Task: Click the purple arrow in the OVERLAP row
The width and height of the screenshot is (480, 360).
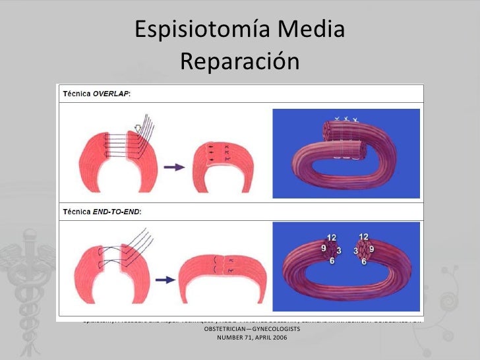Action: pos(172,167)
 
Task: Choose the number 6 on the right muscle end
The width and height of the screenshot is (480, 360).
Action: pos(364,262)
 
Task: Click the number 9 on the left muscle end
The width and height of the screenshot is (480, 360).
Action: pos(324,249)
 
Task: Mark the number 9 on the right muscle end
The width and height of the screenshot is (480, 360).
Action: pos(373,249)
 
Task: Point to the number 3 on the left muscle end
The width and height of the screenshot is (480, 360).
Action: pos(338,251)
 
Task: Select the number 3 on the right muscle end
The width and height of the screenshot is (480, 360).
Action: pos(356,251)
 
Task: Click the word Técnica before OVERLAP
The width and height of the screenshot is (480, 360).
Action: pos(76,94)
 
